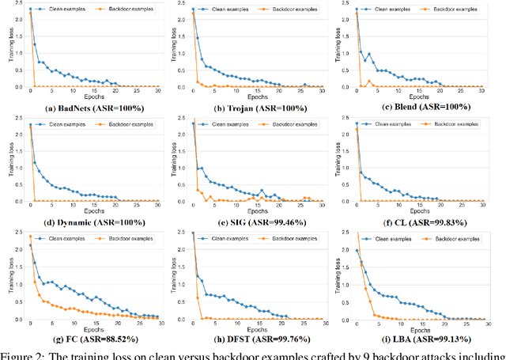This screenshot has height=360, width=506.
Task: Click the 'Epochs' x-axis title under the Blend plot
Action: coord(426,98)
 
